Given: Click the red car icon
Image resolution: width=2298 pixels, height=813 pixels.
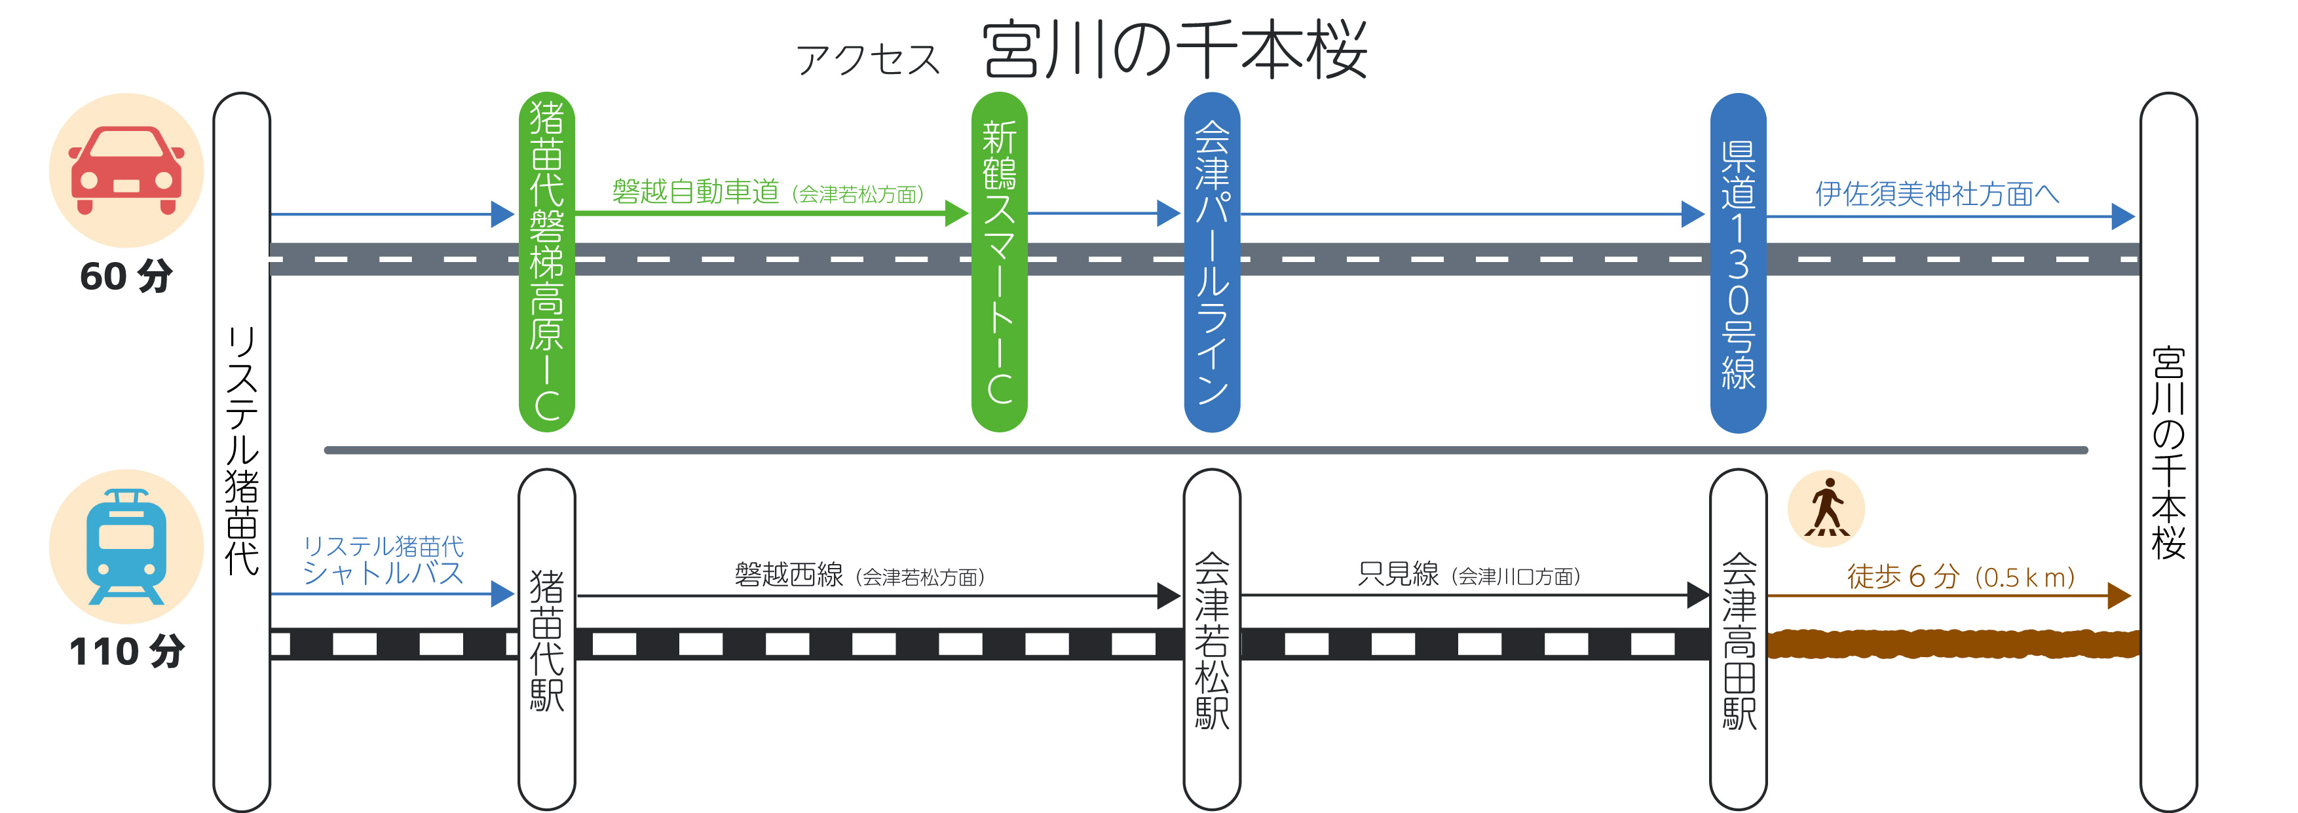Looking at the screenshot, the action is pyautogui.click(x=126, y=170).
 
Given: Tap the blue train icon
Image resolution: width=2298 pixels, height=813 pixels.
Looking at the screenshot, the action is pyautogui.click(x=126, y=546).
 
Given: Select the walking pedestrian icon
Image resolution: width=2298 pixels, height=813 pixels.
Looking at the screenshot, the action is pyautogui.click(x=1826, y=508).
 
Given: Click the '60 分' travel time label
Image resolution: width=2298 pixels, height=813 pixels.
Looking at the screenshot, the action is pyautogui.click(x=126, y=276).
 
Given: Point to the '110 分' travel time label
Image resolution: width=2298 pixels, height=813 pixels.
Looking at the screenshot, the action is pyautogui.click(x=126, y=651).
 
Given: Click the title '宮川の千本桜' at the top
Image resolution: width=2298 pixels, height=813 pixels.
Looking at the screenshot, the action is pyautogui.click(x=1174, y=51).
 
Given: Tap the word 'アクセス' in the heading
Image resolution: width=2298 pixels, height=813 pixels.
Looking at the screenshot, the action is pyautogui.click(x=868, y=60).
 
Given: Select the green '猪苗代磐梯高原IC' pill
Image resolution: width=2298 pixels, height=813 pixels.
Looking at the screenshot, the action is pyautogui.click(x=547, y=262).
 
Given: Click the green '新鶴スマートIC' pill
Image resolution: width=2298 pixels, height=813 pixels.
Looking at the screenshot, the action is pyautogui.click(x=999, y=262).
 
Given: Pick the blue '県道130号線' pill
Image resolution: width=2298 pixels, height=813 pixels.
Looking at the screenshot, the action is pyautogui.click(x=1738, y=262).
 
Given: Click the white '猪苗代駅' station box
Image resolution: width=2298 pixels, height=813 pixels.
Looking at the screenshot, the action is pyautogui.click(x=547, y=639).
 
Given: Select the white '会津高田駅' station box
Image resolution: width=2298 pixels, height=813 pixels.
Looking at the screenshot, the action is pyautogui.click(x=1738, y=639).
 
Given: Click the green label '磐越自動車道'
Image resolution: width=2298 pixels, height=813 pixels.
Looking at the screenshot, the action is pyautogui.click(x=695, y=192).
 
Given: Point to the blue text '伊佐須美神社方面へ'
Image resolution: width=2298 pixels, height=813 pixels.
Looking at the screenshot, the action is pyautogui.click(x=1936, y=194).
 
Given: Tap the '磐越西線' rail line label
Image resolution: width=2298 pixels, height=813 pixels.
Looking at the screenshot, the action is pyautogui.click(x=789, y=575).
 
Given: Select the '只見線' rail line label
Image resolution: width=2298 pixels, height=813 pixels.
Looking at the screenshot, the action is pyautogui.click(x=1398, y=574).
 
